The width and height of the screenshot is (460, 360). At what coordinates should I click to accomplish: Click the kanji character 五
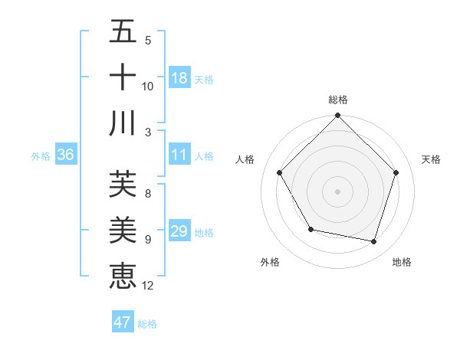123,31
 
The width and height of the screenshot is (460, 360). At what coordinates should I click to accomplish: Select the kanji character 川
123,123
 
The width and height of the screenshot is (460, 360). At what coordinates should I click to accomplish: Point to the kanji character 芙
123,184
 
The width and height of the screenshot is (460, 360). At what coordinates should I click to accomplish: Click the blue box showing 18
179,78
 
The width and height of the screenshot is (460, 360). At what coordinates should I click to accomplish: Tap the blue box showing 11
179,155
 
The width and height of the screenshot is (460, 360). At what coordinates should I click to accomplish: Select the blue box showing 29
179,231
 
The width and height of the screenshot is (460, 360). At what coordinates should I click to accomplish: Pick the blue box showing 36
66,155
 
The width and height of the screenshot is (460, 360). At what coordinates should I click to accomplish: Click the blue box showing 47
123,322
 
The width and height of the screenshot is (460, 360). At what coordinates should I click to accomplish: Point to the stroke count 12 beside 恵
148,286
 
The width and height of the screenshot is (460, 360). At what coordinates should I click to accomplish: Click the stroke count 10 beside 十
148,87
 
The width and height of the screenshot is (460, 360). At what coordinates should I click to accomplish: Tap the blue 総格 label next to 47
147,324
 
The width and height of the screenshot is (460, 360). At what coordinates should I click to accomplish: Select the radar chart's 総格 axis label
338,100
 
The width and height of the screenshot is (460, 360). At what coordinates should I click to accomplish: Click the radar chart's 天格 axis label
432,159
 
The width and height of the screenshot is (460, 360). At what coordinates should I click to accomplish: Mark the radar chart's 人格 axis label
245,159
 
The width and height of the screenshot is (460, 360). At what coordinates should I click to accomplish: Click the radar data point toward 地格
374,241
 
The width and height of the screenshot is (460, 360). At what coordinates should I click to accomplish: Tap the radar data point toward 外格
310,229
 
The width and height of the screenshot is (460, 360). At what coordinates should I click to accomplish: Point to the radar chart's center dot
338,191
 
